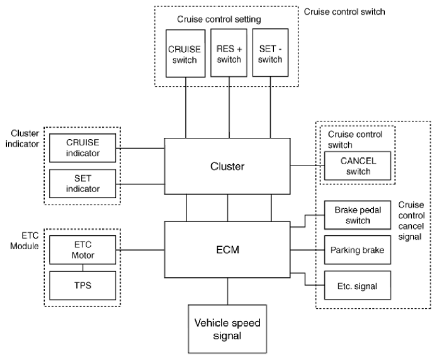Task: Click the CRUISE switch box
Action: coord(186,53)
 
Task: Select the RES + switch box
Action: coord(229,53)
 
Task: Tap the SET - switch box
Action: coord(270,53)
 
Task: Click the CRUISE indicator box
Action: coord(82,148)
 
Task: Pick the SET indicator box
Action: coord(82,184)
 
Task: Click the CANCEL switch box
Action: coord(358,166)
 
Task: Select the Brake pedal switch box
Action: coord(358,215)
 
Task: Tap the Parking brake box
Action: coord(358,250)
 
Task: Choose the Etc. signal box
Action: coord(358,285)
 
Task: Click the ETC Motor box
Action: coord(82,250)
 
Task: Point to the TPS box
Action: coord(82,286)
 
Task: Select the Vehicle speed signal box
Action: coord(227,329)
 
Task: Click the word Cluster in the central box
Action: coord(227,166)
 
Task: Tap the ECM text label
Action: coord(228,250)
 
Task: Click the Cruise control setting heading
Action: coord(219,20)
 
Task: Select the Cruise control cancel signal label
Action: coord(411,221)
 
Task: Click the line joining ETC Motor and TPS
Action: coord(82,267)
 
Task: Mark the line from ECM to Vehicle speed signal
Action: coord(227,291)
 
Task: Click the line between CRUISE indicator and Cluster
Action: coord(140,149)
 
